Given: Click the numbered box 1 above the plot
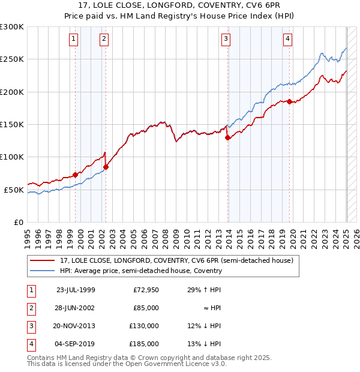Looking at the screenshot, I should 73,40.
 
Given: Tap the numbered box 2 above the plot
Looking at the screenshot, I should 104,40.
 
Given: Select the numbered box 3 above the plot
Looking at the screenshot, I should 226,40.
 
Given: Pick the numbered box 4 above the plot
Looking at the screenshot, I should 288,40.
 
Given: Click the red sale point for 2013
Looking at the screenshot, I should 228,137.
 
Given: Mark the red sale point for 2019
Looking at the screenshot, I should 289,102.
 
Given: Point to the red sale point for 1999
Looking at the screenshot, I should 75,175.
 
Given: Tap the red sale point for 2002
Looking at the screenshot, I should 106,167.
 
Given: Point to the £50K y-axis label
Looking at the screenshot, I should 14,190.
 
